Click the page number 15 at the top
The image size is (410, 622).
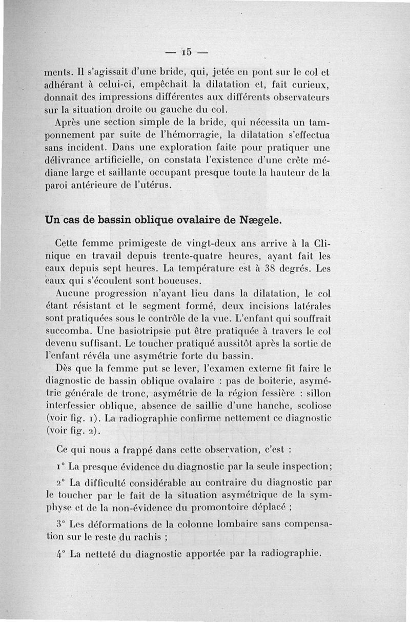[x=186, y=52]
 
